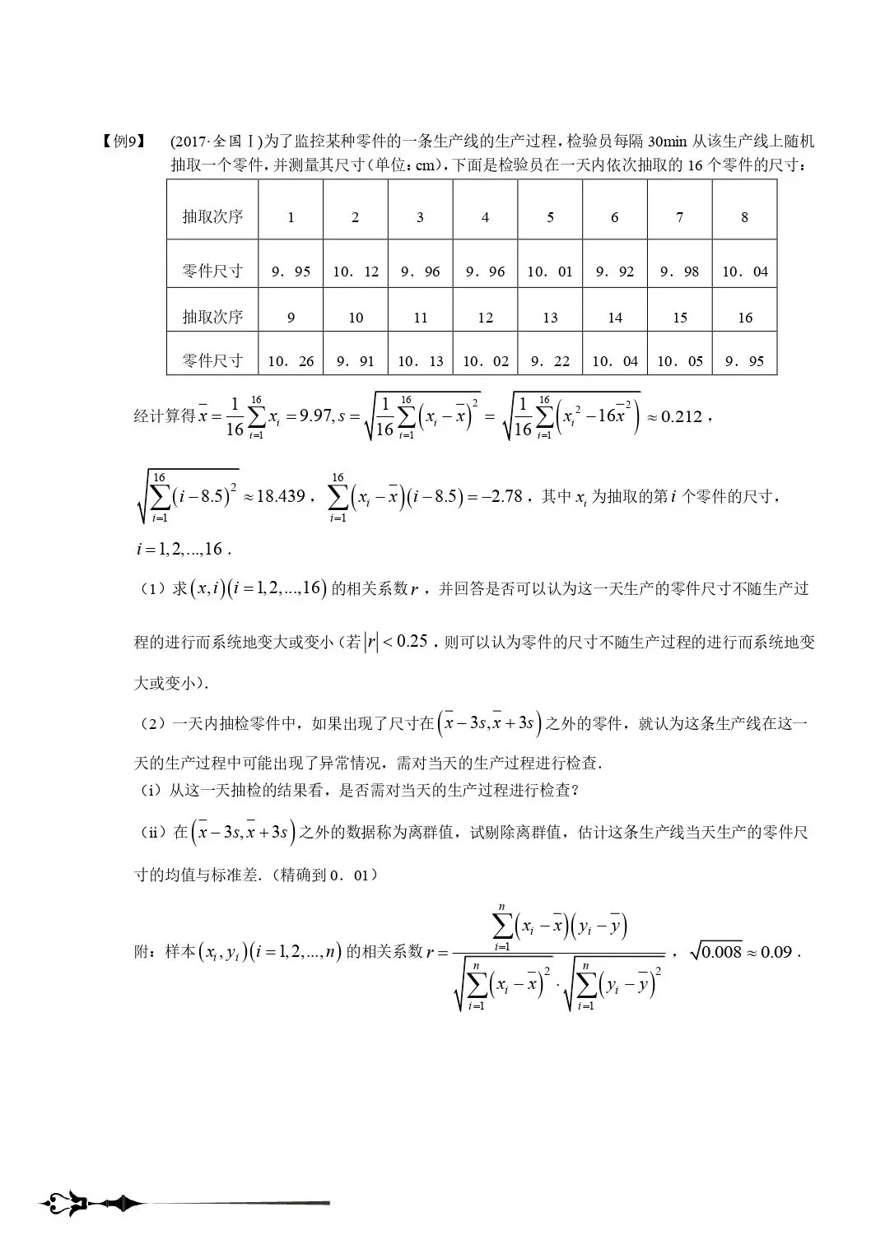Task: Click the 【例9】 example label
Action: (123, 142)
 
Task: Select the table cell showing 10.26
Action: (291, 360)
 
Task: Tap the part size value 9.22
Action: (550, 360)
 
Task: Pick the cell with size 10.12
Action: (356, 272)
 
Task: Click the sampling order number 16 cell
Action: (745, 318)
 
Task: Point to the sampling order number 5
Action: (550, 217)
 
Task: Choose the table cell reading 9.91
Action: (356, 360)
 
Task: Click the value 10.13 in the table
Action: (420, 360)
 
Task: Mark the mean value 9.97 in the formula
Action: (315, 416)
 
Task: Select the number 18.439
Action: (281, 496)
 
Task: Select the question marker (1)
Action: (152, 589)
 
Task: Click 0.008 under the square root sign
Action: (722, 952)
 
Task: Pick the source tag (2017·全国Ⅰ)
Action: (217, 142)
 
